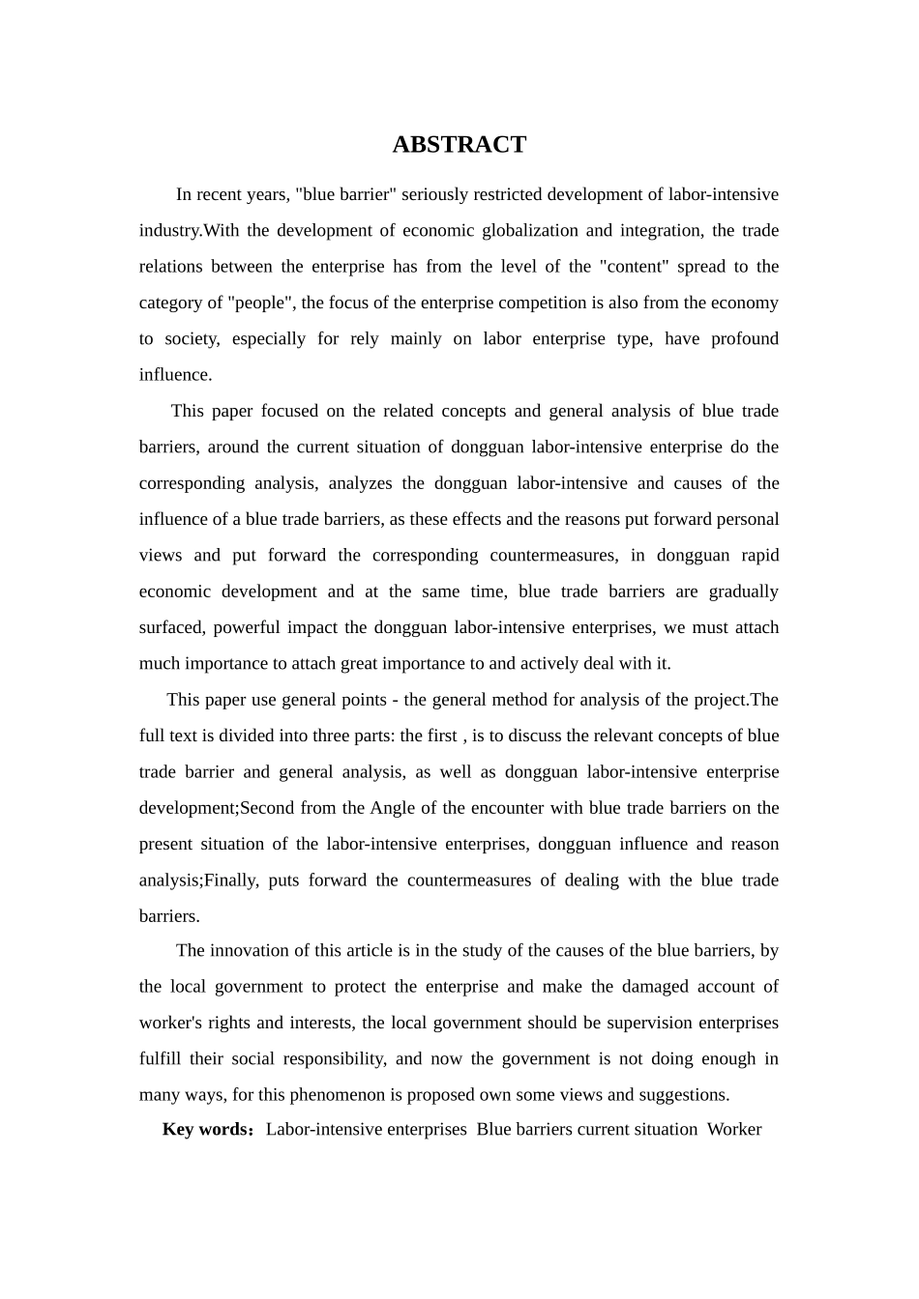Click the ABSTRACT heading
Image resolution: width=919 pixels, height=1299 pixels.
pos(459,145)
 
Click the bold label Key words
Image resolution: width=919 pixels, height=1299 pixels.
pos(205,1129)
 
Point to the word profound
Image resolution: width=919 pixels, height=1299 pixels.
pos(744,338)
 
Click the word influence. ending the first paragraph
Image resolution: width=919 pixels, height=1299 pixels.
pos(175,374)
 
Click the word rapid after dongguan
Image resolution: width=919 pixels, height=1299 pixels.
pos(759,555)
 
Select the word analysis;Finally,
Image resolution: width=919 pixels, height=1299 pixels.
pos(198,880)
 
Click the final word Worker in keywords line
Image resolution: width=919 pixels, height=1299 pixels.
pos(734,1129)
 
